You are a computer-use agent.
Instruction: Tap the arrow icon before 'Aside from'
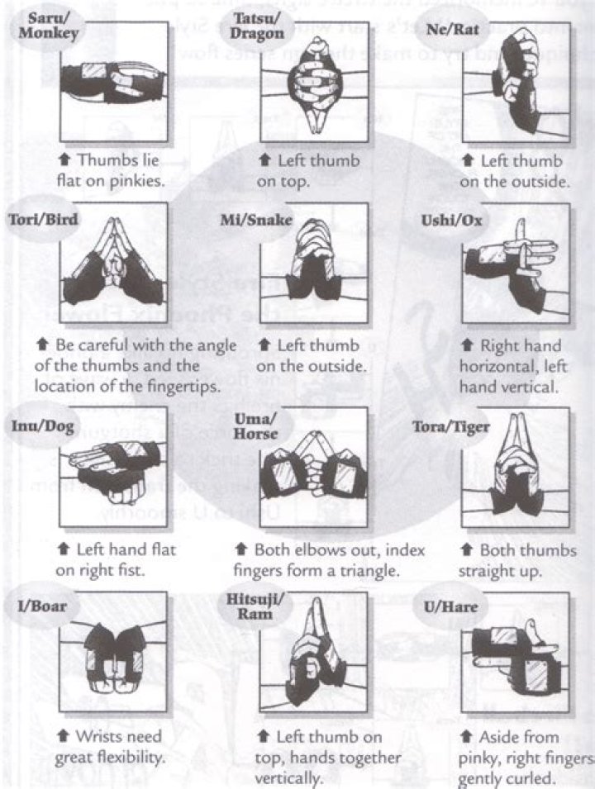point(468,736)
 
